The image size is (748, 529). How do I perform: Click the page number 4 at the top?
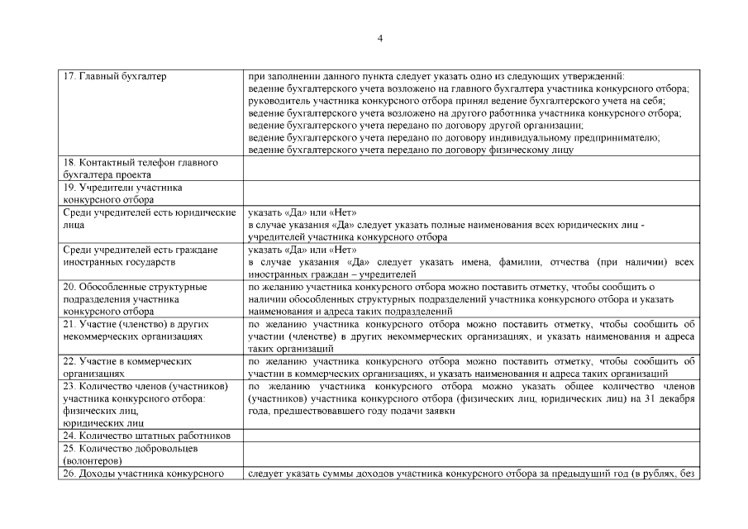pos(379,38)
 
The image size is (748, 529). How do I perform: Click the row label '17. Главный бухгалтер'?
pos(115,77)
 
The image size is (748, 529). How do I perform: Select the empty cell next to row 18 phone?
pos(470,169)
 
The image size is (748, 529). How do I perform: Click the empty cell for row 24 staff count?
pos(470,436)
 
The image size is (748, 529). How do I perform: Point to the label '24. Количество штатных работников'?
pos(146,436)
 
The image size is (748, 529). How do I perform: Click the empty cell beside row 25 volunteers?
pos(470,454)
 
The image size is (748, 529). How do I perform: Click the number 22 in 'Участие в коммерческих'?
pos(69,361)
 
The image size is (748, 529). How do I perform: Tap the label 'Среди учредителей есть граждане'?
pos(141,250)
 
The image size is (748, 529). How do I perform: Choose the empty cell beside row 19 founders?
pos(470,193)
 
